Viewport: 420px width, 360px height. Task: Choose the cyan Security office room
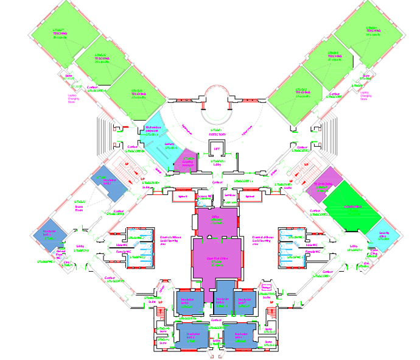[x=384, y=235]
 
